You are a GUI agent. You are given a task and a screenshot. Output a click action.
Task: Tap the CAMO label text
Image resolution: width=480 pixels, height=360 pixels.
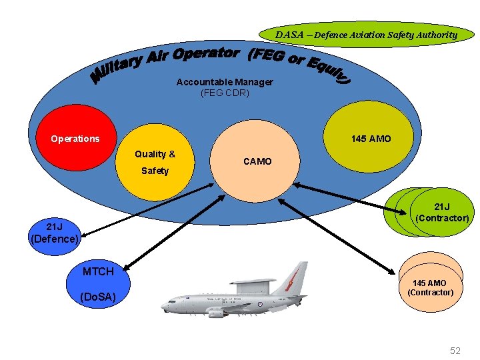257,161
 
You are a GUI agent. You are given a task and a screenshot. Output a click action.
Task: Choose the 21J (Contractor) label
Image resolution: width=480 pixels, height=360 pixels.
442,213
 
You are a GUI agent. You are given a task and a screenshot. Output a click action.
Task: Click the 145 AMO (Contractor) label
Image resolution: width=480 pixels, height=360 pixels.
430,288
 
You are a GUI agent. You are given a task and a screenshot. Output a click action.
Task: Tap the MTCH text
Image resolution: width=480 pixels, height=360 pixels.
97,271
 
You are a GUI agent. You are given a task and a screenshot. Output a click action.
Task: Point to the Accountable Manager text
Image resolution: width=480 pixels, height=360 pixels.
225,82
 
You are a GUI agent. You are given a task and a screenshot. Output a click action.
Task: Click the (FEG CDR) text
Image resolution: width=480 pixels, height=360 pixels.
225,93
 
